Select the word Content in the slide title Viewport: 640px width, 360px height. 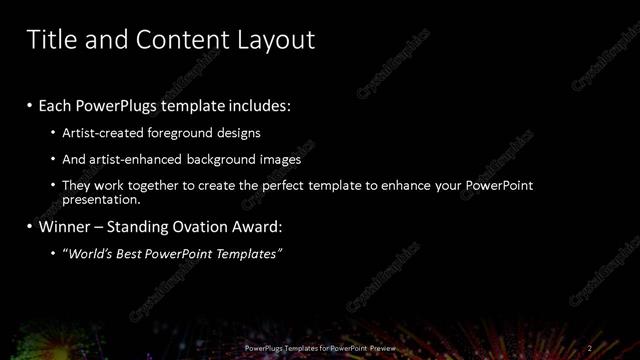click(x=178, y=40)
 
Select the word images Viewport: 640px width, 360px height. click(x=280, y=159)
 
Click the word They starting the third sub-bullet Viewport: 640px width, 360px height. click(x=77, y=186)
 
